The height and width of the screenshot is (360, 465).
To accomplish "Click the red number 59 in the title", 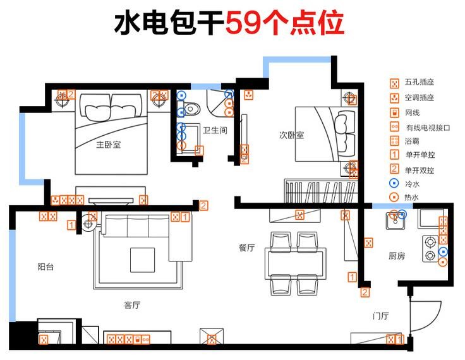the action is click(245, 24).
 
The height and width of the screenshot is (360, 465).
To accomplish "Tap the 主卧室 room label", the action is click(109, 145).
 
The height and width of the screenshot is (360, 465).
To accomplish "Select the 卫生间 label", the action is click(215, 130).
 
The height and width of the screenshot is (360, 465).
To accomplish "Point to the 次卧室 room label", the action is click(291, 135).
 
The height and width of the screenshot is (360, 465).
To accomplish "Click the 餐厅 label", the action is click(247, 248).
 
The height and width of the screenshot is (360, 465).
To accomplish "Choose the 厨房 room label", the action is click(397, 256).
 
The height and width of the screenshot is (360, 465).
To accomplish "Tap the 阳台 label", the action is click(45, 267).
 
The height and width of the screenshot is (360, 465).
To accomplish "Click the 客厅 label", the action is click(132, 305).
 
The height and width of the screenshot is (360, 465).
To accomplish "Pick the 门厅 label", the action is click(381, 316).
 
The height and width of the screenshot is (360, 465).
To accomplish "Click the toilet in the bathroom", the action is click(190, 109).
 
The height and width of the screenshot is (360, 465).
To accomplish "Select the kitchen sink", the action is click(396, 221).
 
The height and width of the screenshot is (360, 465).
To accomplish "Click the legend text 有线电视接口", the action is click(428, 128).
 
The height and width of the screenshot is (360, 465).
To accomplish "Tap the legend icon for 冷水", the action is click(394, 183).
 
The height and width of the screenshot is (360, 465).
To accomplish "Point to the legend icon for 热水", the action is click(394, 197).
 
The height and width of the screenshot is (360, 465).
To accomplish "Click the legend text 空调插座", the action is click(420, 97).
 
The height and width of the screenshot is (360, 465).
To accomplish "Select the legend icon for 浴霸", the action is click(394, 141).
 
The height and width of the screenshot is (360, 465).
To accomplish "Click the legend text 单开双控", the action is click(420, 171).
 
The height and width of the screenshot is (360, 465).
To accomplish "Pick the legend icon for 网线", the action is click(394, 112).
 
